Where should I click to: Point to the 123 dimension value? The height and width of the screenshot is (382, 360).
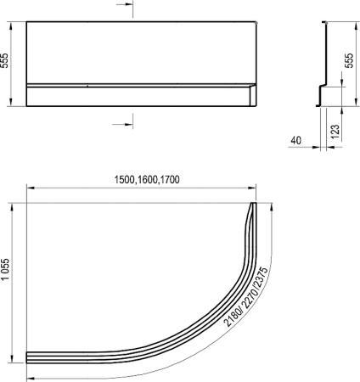tap(336, 131)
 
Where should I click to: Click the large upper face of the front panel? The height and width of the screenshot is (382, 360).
tap(140, 51)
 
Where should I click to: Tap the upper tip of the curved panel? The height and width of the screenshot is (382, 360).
tap(254, 205)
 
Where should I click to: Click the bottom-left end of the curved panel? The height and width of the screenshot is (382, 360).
tap(30, 357)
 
